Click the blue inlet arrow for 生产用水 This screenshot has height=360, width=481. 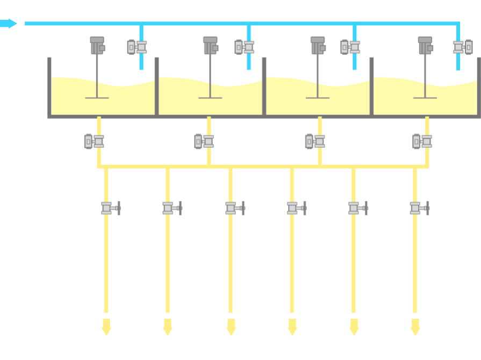(x=9, y=23)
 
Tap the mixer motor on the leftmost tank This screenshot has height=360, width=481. (x=97, y=45)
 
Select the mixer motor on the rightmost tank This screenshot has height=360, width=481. (x=425, y=45)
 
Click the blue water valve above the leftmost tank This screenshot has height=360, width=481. (x=138, y=47)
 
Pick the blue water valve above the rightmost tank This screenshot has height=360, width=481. (x=463, y=47)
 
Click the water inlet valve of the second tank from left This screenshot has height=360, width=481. (x=245, y=47)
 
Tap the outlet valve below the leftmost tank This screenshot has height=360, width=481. (x=95, y=141)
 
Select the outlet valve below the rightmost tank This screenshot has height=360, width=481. (x=422, y=141)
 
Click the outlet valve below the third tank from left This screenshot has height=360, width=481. (x=315, y=141)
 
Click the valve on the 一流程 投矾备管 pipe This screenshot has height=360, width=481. (x=110, y=207)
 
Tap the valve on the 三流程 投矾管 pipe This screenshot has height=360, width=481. (x=419, y=207)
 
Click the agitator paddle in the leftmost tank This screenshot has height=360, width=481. (x=97, y=97)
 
